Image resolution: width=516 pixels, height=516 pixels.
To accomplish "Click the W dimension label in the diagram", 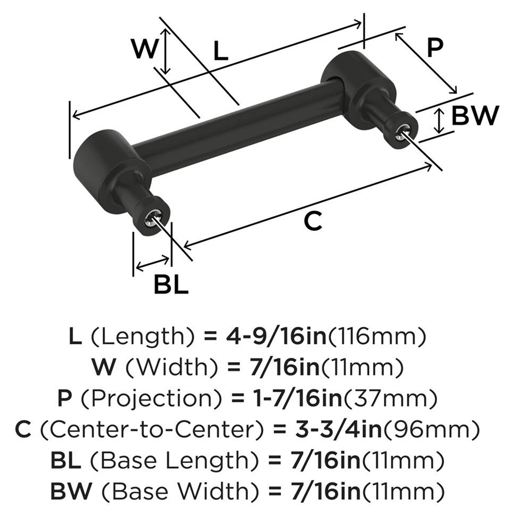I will (144, 50).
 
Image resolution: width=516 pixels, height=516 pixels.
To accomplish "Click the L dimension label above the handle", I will (220, 51).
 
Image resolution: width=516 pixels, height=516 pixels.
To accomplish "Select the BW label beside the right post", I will (474, 116).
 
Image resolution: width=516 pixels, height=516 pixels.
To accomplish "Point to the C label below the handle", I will (312, 221).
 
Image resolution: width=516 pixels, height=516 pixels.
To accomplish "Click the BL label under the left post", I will (171, 283).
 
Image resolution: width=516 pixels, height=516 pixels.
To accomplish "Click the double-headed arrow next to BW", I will (439, 121).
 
